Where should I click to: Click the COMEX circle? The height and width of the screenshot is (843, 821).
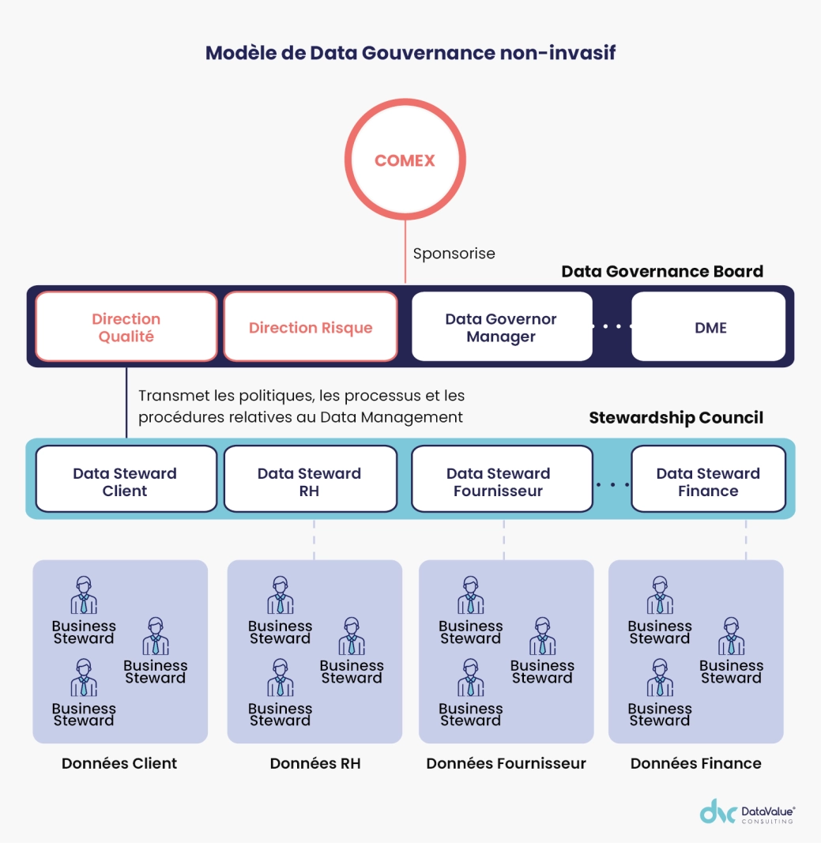(x=405, y=160)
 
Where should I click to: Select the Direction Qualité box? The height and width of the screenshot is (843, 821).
(x=126, y=327)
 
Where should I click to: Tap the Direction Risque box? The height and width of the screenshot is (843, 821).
(x=311, y=327)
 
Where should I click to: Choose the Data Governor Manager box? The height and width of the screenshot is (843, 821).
(x=502, y=327)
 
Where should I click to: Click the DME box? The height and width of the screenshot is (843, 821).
(x=710, y=327)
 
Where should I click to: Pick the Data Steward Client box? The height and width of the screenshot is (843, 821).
(x=126, y=481)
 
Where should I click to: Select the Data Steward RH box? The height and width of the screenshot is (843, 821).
(x=310, y=481)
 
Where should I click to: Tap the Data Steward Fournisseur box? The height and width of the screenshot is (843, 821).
(x=501, y=481)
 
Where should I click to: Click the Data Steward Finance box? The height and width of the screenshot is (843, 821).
(x=708, y=481)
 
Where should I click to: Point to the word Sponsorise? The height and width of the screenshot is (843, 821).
(x=454, y=254)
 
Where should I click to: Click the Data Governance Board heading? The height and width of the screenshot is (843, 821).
(x=662, y=271)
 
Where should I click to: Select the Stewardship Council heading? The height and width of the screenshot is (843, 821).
(x=676, y=418)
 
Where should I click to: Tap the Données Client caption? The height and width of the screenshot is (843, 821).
(x=119, y=763)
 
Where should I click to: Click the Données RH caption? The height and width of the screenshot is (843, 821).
(x=315, y=763)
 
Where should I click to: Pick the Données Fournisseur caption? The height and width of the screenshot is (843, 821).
(x=506, y=763)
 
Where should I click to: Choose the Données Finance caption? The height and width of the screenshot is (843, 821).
(x=696, y=763)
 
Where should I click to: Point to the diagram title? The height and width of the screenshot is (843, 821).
(x=410, y=53)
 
